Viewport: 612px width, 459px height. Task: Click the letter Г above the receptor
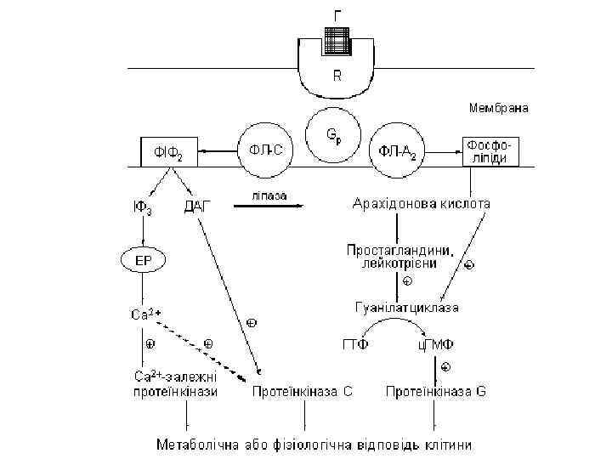click(x=338, y=14)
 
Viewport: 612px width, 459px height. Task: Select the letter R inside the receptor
click(x=337, y=75)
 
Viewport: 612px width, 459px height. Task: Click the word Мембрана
click(x=499, y=108)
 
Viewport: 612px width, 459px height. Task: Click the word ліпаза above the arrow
click(x=268, y=195)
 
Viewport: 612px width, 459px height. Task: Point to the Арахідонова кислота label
click(x=422, y=204)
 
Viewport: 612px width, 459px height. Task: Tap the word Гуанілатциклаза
click(x=407, y=306)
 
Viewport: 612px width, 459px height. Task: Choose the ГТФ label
click(x=360, y=345)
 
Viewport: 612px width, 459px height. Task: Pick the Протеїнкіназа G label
click(x=436, y=392)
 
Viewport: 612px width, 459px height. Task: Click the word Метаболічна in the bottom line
click(x=195, y=445)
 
